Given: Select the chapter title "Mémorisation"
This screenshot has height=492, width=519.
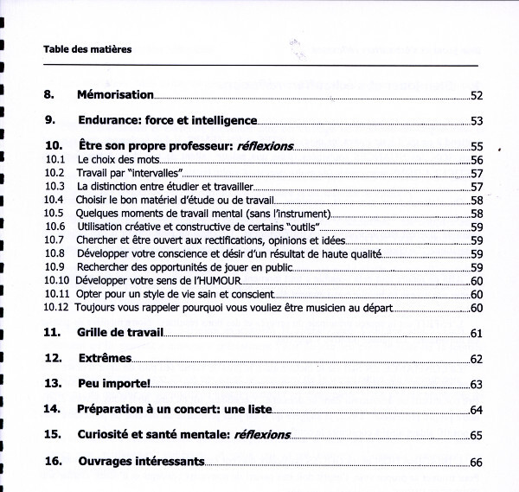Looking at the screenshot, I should tap(115, 94).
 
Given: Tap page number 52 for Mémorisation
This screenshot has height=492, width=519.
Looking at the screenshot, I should tap(476, 95).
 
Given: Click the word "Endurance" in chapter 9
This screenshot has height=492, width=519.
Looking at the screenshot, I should tap(108, 120).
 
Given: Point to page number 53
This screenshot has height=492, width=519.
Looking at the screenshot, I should tap(476, 121).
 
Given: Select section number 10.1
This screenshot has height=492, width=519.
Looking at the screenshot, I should tap(55, 160).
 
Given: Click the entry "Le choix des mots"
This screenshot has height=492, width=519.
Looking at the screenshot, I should tap(119, 160).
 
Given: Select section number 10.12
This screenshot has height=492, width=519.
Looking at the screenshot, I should tap(58, 307).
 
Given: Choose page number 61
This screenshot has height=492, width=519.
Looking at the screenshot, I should tap(476, 334).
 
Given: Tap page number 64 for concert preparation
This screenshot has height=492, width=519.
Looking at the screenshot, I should tap(476, 410).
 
